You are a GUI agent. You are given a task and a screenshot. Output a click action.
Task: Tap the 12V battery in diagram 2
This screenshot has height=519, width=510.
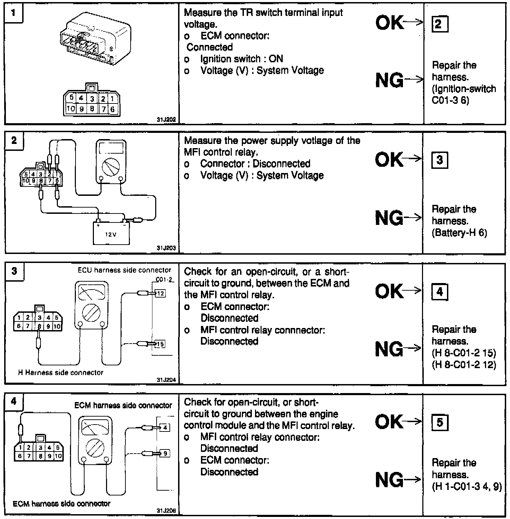[x=111, y=233]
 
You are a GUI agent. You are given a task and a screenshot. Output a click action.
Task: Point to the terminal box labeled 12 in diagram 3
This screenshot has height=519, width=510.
[x=160, y=294]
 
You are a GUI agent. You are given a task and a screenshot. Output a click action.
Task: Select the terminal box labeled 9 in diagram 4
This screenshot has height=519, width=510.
[x=165, y=453]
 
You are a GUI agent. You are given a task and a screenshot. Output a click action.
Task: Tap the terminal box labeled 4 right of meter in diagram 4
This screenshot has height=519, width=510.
[x=165, y=428]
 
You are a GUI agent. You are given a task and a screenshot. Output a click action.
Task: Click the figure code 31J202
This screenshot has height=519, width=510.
[x=166, y=120]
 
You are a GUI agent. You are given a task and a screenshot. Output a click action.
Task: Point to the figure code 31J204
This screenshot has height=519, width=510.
[x=166, y=380]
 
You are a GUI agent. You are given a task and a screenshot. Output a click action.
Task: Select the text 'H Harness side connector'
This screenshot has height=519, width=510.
[x=61, y=373]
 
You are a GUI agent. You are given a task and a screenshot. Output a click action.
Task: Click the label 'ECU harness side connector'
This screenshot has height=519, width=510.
[x=124, y=270]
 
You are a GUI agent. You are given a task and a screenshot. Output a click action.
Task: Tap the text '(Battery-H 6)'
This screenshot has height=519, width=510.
[x=459, y=233]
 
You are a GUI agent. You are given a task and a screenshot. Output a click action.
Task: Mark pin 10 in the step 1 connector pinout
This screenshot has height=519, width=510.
[x=71, y=109]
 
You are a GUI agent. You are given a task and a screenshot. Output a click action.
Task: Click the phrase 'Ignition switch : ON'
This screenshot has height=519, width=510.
[x=241, y=59]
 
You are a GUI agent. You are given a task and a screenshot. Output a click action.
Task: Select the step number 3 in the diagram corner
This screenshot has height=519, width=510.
[x=14, y=271]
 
